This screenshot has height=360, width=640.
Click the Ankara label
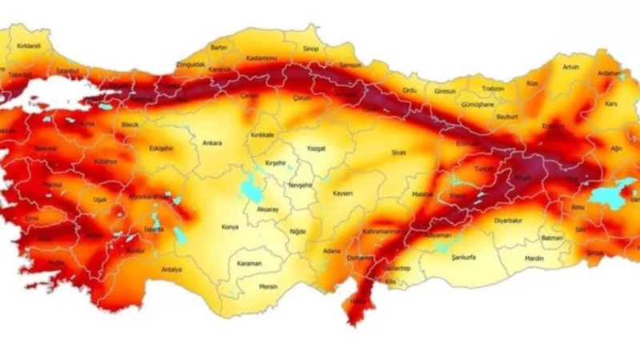pos(212,143)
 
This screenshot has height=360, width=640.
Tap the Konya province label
pos(231,226)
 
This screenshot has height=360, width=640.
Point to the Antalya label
pos(171,270)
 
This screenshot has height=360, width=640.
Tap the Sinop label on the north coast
pos(310,50)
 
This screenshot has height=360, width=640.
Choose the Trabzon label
pos(493,89)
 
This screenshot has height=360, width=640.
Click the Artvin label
pos(570,66)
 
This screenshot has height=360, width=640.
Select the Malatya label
pos(422,194)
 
